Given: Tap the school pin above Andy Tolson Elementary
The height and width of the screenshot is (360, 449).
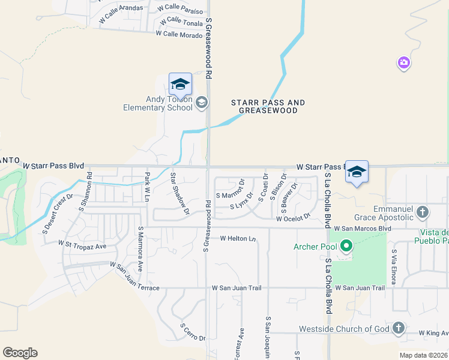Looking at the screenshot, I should pos(180,85).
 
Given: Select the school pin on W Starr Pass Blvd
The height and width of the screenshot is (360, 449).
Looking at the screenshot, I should pos(357,172).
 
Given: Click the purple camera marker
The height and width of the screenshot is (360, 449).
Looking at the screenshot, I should pos(404,62).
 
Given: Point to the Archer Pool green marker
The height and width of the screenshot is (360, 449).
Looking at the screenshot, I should pos(346,246).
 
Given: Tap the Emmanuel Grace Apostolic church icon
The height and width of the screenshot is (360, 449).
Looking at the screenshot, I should pos(423,212).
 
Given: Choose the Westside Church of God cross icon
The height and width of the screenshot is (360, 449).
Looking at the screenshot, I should pos(398,328).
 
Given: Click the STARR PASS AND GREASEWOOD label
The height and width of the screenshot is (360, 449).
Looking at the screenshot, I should pos(268,106).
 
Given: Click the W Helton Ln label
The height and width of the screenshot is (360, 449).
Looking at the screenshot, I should pos(238,239).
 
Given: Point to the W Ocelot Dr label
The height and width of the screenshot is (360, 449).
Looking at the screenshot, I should pos(293,218).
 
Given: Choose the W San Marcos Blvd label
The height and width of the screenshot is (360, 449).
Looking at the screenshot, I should pos(363,229).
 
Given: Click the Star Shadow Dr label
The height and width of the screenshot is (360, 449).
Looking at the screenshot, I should pos(179,194).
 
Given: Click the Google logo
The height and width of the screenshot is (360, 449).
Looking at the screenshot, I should pos(20,353).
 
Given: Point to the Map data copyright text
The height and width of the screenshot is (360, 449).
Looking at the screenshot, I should pos(423,355).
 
